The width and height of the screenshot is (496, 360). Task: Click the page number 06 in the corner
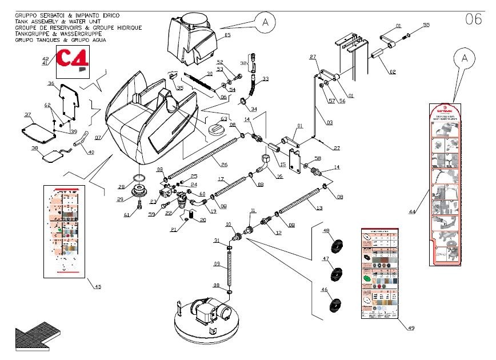point(474,19)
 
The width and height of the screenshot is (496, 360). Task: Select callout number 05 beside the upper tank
point(227,35)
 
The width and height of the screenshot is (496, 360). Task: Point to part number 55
point(426,25)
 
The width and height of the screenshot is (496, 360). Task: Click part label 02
point(393,71)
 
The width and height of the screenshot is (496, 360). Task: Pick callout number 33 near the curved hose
point(265,79)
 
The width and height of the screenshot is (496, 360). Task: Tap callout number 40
point(91,152)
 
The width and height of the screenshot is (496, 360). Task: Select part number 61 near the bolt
point(127,215)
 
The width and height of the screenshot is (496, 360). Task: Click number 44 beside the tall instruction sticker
point(412,212)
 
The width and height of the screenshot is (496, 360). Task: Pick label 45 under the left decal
point(97,286)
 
